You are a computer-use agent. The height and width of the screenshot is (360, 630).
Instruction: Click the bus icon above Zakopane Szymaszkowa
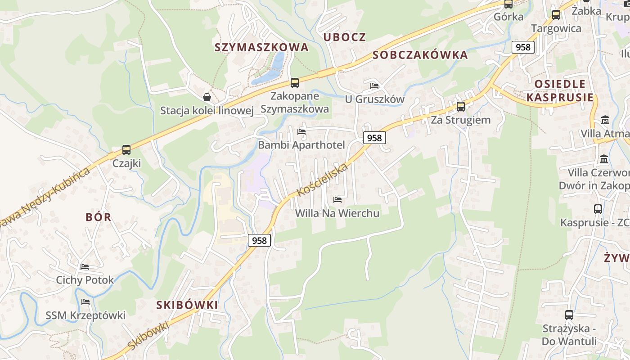295,83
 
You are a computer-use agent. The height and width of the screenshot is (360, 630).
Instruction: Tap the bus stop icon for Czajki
126,150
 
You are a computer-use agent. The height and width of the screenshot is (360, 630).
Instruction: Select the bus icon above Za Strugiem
460,107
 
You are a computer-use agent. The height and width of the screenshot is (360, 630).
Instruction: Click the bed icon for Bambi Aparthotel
301,132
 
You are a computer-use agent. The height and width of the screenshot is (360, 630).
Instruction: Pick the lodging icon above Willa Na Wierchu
337,200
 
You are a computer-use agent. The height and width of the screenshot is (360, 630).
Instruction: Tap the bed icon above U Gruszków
374,86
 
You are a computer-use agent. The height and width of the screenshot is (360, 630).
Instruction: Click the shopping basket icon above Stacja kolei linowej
207,97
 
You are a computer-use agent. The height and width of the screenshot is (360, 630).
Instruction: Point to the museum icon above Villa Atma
605,120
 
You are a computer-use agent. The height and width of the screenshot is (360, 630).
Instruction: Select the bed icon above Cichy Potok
85,267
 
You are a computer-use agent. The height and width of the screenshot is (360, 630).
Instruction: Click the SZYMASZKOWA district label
261,47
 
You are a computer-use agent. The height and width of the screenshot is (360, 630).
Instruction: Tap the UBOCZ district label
345,37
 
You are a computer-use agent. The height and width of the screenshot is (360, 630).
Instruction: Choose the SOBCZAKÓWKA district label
420,55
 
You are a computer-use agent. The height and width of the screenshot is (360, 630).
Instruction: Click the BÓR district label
98,217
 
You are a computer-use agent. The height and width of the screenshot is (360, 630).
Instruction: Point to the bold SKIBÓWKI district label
187,305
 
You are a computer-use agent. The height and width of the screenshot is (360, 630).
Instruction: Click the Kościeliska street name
323,180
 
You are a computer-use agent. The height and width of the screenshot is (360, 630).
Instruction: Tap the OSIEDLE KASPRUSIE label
560,90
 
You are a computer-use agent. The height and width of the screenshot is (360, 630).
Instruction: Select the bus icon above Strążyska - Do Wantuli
569,315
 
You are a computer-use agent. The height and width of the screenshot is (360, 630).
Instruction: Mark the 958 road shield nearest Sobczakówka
523,47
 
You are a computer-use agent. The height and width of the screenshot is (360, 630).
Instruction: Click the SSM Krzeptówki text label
85,315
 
